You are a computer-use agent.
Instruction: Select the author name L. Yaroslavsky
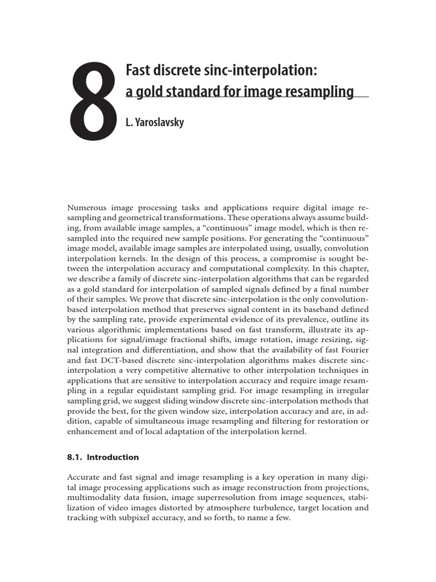click(154, 122)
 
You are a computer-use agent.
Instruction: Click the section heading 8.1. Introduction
click(103, 457)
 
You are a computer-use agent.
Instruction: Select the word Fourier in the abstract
click(353, 351)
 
